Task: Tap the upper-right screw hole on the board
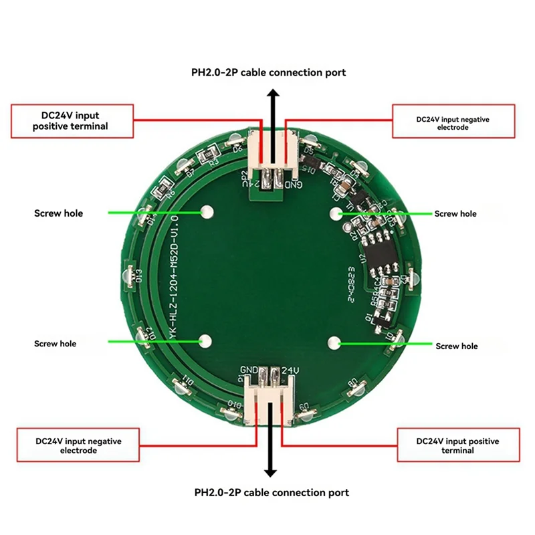click(x=336, y=213)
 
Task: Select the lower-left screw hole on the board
click(x=204, y=341)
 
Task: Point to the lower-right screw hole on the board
click(x=333, y=343)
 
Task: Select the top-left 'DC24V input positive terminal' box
click(x=70, y=120)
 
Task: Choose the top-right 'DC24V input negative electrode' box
click(x=453, y=122)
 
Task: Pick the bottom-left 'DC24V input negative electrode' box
click(x=78, y=445)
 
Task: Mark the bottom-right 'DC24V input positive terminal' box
click(x=458, y=445)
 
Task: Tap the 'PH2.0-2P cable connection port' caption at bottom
click(x=272, y=493)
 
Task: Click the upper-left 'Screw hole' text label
click(x=58, y=213)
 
